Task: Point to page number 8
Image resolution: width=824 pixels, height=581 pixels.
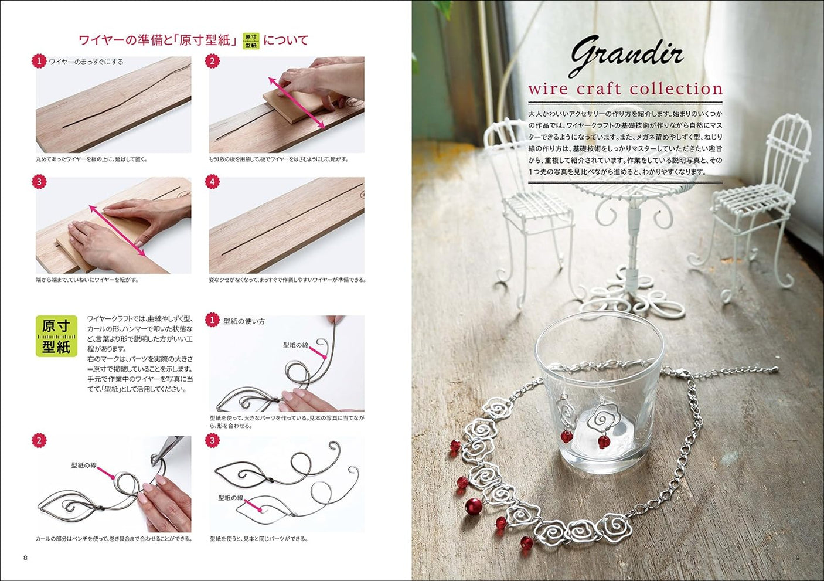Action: point(25,558)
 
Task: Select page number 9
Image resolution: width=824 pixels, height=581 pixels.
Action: point(797,558)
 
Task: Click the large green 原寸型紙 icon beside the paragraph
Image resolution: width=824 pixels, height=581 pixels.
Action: point(56,337)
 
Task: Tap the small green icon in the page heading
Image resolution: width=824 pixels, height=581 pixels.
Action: point(251,40)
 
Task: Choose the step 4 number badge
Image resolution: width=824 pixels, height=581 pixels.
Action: point(212,182)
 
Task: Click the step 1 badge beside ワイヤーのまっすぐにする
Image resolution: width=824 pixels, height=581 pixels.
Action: point(39,61)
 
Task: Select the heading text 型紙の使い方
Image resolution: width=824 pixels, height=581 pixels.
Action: point(244,321)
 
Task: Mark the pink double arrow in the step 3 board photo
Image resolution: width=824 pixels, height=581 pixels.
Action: point(117,230)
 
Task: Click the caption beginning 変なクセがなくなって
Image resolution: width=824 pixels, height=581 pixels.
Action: point(287,280)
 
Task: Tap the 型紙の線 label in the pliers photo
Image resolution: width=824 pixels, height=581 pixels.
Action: point(84,466)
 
